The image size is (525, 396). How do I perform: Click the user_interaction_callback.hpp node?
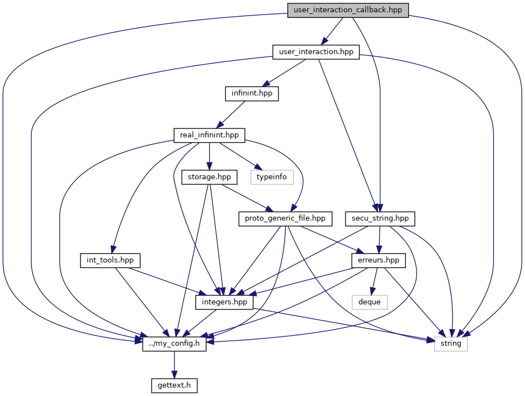[348, 10]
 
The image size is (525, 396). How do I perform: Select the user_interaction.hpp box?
[316, 52]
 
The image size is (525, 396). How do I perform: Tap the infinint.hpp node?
[252, 93]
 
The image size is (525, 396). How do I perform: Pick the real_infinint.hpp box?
[209, 135]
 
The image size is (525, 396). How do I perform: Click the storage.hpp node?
[209, 177]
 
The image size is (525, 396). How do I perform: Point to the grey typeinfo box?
[272, 177]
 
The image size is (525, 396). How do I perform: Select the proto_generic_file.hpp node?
[285, 219]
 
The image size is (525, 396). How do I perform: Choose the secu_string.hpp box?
[380, 219]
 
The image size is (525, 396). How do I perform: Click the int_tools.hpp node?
[110, 260]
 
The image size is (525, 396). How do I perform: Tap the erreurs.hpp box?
[379, 260]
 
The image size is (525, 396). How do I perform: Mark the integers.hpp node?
[224, 302]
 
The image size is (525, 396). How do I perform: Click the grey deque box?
[370, 302]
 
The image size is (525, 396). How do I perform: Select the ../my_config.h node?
[174, 344]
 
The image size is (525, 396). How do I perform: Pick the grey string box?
[451, 344]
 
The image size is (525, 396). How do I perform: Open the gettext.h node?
[174, 385]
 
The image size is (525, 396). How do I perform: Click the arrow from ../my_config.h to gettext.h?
[174, 365]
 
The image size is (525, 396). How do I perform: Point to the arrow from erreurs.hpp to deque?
[375, 282]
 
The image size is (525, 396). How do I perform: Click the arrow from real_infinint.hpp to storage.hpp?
[209, 156]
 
